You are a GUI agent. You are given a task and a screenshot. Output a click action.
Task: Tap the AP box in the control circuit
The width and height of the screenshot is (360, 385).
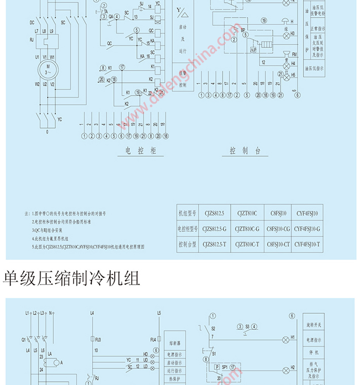[x=253, y=49]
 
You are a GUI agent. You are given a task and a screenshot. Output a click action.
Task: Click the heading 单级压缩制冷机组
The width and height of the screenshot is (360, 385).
[x=71, y=278]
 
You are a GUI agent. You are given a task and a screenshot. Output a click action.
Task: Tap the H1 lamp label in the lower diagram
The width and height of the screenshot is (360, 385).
[x=293, y=337]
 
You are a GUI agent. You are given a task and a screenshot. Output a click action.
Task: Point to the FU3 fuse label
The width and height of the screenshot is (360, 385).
[x=98, y=339]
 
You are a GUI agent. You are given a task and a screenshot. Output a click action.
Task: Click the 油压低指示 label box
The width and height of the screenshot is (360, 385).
[x=314, y=67]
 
